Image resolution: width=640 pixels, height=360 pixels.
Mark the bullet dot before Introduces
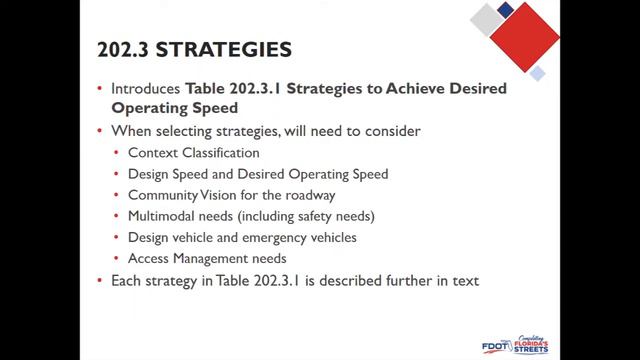pos(99,89)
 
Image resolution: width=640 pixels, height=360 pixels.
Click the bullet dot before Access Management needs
pos(117,259)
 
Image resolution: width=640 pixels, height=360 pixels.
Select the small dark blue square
pos(505,9)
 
